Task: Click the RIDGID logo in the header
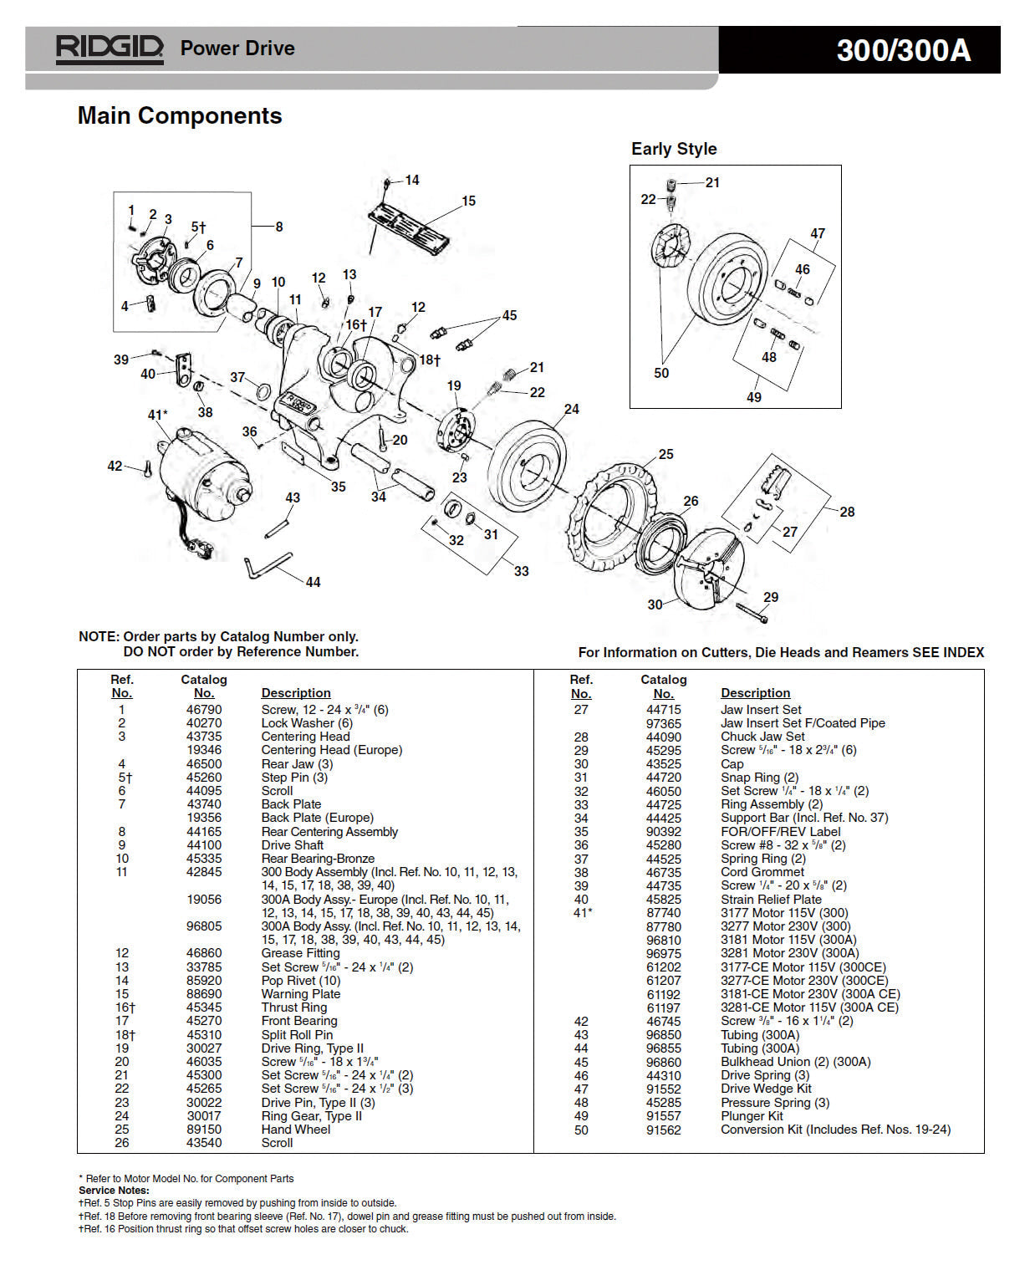109,48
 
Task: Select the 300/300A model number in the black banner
903,50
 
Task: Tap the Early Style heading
673,149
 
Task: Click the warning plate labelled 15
409,227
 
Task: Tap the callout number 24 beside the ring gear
571,409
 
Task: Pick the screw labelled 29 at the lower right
752,614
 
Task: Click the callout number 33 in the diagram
521,571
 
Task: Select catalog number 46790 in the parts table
204,710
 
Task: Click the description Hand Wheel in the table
295,1130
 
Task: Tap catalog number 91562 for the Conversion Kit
663,1130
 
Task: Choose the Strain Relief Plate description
771,900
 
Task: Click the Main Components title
180,115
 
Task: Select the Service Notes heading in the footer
114,1191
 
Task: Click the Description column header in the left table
295,693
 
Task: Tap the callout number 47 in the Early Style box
817,234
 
